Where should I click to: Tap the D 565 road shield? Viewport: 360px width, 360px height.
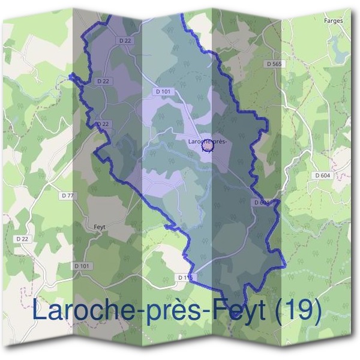[x=273, y=63]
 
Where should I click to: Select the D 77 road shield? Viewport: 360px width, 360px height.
[x=68, y=196]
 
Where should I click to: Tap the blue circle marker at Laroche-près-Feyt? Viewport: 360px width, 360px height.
[x=208, y=145]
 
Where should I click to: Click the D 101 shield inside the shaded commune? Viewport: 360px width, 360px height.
[x=163, y=92]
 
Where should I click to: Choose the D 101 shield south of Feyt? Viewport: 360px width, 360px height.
[x=82, y=265]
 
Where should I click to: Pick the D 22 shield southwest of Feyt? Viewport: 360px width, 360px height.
[x=22, y=238]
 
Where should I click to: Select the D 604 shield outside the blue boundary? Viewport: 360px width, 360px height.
[x=323, y=175]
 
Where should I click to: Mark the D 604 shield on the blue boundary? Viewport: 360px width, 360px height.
[x=263, y=203]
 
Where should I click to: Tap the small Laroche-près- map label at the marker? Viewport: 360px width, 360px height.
[x=205, y=142]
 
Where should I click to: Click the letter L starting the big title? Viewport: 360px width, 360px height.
[x=40, y=310]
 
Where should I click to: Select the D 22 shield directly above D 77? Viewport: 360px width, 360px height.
[x=103, y=124]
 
